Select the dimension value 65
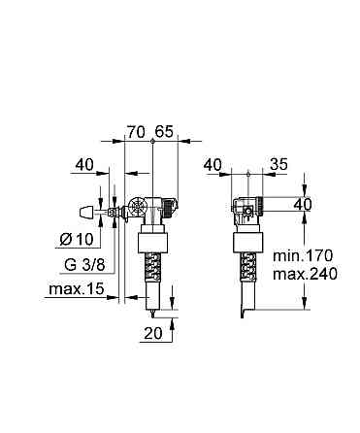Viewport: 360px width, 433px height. coord(163,129)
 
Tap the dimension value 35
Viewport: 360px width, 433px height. coord(278,166)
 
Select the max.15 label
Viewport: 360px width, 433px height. coord(79,290)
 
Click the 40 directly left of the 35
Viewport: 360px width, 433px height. coord(214,166)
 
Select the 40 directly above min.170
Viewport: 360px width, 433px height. coord(303,206)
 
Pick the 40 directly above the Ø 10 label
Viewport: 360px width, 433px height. coord(85,166)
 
